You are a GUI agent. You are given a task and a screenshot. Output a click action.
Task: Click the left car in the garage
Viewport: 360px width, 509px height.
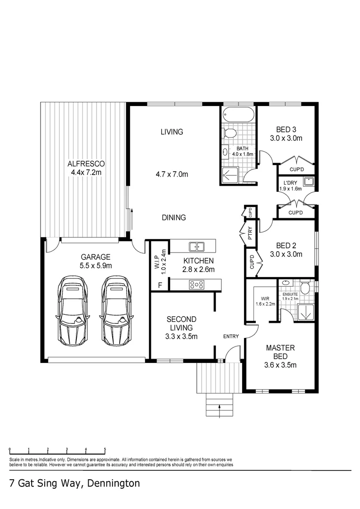tap(74, 311)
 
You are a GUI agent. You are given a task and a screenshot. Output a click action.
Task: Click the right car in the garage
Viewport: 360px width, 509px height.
tap(116, 311)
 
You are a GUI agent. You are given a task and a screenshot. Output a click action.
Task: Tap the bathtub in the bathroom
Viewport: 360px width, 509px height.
tap(238, 115)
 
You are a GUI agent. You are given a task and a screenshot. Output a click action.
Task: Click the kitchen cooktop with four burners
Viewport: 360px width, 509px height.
tap(196, 284)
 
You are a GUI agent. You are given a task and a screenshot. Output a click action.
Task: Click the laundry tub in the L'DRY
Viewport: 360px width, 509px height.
tap(308, 181)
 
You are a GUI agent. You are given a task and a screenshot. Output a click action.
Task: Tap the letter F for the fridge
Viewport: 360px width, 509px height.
tap(160, 285)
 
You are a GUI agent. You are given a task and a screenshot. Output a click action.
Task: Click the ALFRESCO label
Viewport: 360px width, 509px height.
tap(86, 164)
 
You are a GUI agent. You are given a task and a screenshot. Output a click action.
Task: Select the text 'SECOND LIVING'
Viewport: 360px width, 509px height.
tap(181, 323)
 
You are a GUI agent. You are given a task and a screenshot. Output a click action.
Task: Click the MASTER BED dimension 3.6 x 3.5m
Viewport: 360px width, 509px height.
tap(280, 365)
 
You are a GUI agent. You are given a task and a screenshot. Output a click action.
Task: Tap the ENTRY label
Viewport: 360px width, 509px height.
tap(231, 336)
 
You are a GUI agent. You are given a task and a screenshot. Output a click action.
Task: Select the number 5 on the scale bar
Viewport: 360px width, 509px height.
tap(105, 449)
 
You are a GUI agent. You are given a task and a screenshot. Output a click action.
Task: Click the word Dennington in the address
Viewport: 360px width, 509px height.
tap(113, 484)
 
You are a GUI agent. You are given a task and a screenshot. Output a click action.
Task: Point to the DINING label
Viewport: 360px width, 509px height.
tap(173, 218)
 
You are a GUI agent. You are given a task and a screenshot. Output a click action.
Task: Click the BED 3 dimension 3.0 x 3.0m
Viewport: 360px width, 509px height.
tap(286, 139)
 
